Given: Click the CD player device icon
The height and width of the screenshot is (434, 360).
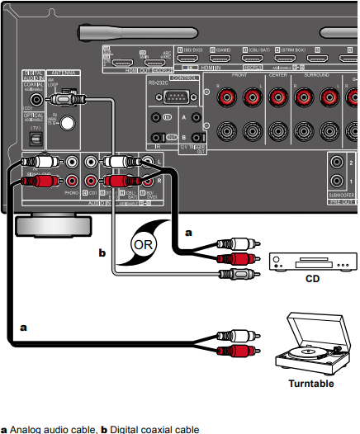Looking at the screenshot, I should tap(312, 257).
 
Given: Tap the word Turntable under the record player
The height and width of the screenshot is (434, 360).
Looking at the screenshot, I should tap(310, 384).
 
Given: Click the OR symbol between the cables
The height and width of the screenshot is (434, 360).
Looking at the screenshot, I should tap(144, 245).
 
